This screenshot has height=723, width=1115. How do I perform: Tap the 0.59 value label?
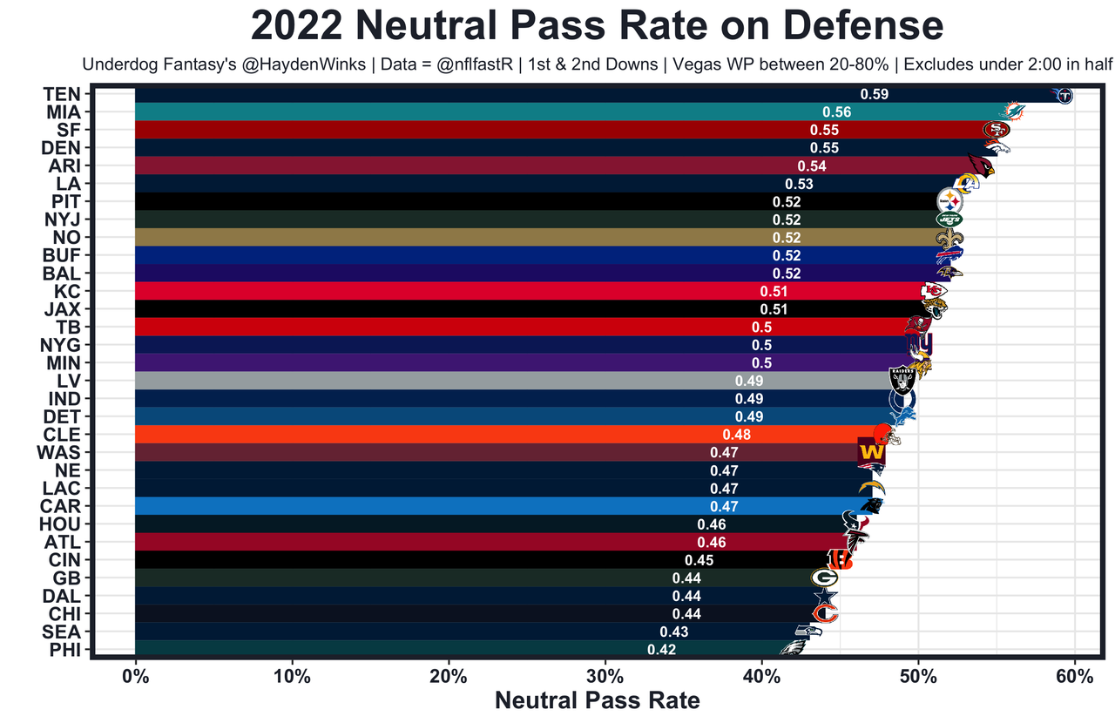coord(874,94)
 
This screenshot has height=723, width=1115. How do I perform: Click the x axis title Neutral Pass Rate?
coord(597,700)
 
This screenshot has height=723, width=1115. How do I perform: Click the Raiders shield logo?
coord(902,381)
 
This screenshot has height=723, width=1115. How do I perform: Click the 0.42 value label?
coord(661,649)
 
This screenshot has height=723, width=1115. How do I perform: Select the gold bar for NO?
coord(436,237)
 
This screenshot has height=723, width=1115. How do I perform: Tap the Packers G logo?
coord(823,577)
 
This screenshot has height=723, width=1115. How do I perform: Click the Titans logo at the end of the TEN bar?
coord(1064,95)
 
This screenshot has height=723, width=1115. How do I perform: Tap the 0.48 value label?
coord(736,435)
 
